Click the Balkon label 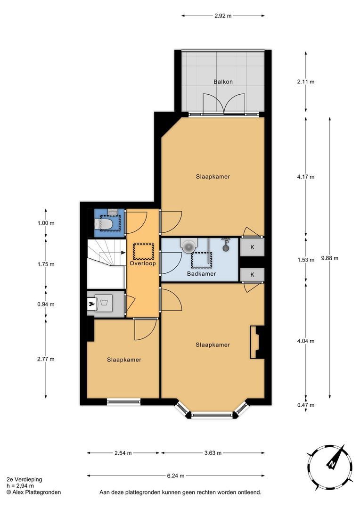point(223,82)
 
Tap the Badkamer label point(201,274)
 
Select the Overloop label point(143,263)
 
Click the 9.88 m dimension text point(329,258)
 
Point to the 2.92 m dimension point(223,16)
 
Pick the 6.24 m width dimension point(176,476)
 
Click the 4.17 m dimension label point(306,177)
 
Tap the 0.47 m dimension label point(306,405)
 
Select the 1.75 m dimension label point(46,264)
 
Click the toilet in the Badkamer point(189,245)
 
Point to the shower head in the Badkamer point(226,245)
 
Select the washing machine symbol point(104,303)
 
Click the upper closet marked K point(252,247)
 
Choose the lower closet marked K point(252,275)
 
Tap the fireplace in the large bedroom point(255,342)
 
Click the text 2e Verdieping point(25,479)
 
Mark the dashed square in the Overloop point(143,251)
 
